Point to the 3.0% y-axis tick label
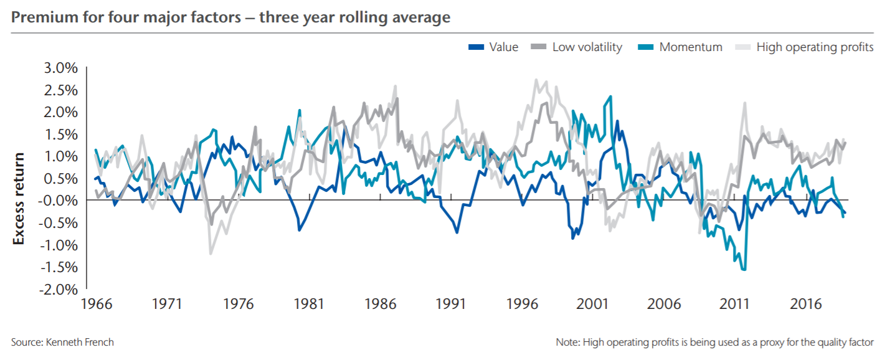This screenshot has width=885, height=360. pyautogui.click(x=57, y=68)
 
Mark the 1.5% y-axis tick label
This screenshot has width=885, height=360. pyautogui.click(x=57, y=135)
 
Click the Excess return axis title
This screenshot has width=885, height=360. pyautogui.click(x=19, y=198)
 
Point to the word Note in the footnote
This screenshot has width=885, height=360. pyautogui.click(x=567, y=342)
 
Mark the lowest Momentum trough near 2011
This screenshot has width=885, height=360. pyautogui.click(x=744, y=270)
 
